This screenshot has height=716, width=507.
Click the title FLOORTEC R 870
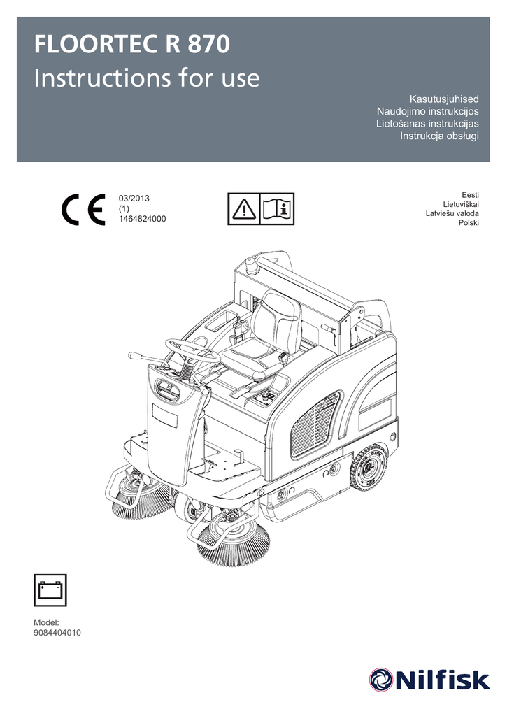(x=132, y=45)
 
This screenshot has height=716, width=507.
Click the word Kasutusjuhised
(x=444, y=99)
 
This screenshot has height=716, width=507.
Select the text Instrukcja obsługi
(x=439, y=136)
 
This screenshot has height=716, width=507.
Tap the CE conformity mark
(x=84, y=210)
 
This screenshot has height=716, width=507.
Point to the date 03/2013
(x=134, y=199)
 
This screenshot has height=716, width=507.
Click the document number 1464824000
(x=142, y=219)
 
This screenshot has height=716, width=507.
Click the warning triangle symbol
(x=244, y=209)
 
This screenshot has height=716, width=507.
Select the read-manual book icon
(x=277, y=209)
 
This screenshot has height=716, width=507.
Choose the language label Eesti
(x=471, y=195)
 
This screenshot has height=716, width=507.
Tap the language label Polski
(x=469, y=223)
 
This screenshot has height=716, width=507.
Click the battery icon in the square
(x=50, y=590)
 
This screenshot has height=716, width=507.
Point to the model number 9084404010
(x=57, y=633)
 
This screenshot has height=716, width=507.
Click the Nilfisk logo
(x=429, y=680)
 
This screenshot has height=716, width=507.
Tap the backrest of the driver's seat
(x=276, y=319)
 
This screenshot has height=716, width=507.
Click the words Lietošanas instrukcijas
(x=427, y=123)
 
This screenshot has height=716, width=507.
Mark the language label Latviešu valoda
(x=452, y=213)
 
